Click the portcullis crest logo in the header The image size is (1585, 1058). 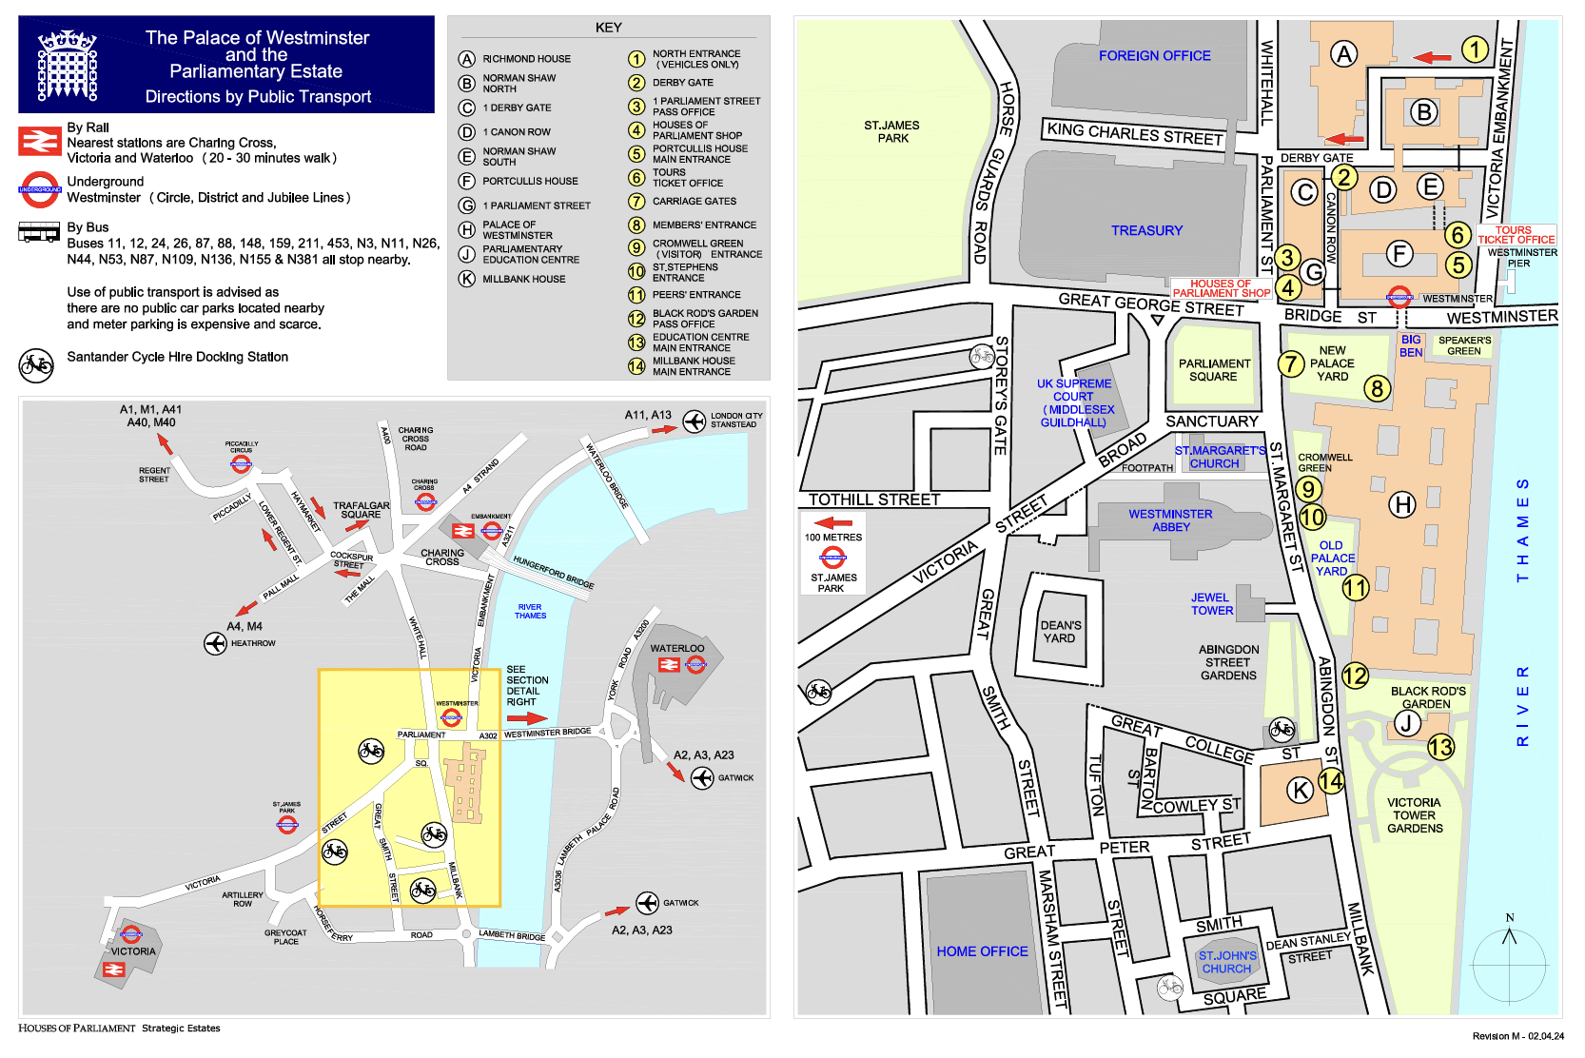click(68, 66)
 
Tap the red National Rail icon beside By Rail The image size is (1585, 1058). click(40, 142)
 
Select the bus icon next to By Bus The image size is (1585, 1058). click(39, 233)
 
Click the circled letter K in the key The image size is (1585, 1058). click(466, 279)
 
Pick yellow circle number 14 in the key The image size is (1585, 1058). click(636, 366)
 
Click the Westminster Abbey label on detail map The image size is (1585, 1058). click(1170, 520)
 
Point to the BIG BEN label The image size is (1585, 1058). click(1411, 345)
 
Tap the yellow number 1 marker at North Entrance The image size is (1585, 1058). click(1475, 49)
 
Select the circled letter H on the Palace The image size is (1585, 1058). click(1402, 504)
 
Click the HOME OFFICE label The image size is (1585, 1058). click(982, 951)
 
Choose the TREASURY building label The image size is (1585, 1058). click(1146, 230)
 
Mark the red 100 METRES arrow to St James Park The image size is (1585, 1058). click(833, 522)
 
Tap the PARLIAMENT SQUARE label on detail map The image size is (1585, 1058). click(1214, 370)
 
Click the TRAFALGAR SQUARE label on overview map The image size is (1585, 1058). click(361, 510)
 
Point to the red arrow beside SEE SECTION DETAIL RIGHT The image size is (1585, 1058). click(526, 718)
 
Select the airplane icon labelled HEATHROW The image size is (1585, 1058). click(215, 643)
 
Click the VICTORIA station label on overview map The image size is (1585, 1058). click(133, 951)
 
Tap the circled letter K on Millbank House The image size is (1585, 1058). click(1300, 789)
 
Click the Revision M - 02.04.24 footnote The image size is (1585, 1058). click(1517, 1036)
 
